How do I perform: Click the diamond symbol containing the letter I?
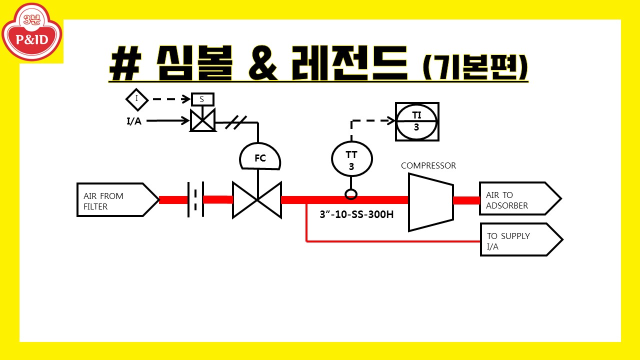pyautogui.click(x=137, y=99)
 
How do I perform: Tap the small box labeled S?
pyautogui.click(x=202, y=99)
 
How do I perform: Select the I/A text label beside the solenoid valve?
pyautogui.click(x=133, y=121)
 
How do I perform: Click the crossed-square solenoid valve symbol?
pyautogui.click(x=202, y=120)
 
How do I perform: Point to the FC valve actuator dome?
pyautogui.click(x=260, y=158)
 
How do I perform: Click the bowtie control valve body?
pyautogui.click(x=257, y=200)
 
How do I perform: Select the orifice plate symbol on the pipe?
pyautogui.click(x=195, y=199)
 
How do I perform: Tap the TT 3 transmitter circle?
pyautogui.click(x=352, y=159)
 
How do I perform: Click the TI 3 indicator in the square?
pyautogui.click(x=417, y=121)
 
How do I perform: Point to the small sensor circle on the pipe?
pyautogui.click(x=351, y=193)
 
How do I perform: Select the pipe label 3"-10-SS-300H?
pyautogui.click(x=356, y=215)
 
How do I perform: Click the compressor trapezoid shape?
pyautogui.click(x=430, y=202)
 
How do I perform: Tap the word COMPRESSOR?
pyautogui.click(x=428, y=165)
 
